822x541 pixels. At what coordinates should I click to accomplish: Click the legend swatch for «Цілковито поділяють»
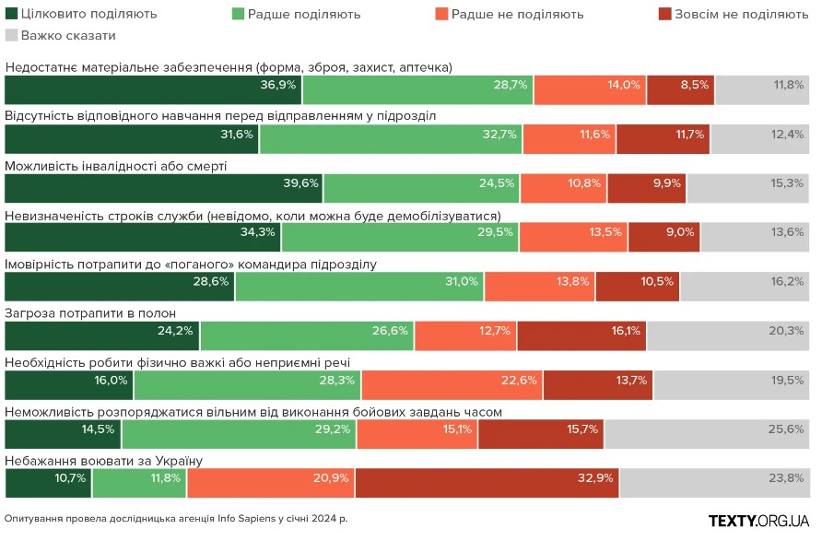pos(12,14)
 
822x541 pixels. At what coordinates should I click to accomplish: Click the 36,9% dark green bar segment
pos(153,89)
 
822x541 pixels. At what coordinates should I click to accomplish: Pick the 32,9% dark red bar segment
pos(487,483)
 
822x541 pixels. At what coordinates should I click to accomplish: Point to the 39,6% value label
pos(300,182)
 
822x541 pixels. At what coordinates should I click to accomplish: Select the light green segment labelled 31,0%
pos(359,287)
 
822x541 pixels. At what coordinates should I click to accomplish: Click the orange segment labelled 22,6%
pos(452,384)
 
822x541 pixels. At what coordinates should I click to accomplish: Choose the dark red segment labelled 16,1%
pos(581,335)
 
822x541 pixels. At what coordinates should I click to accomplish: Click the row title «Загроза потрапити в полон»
pos(91,313)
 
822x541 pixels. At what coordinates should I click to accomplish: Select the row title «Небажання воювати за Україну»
pos(103,460)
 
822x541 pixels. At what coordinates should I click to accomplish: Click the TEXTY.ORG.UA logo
pos(759,521)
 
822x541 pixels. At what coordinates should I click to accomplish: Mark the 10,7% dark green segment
pos(48,483)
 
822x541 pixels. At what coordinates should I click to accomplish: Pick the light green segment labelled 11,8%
pos(138,483)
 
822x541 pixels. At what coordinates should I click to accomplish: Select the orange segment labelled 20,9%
pos(271,483)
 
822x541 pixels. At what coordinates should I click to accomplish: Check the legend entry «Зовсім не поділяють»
pos(733,14)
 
